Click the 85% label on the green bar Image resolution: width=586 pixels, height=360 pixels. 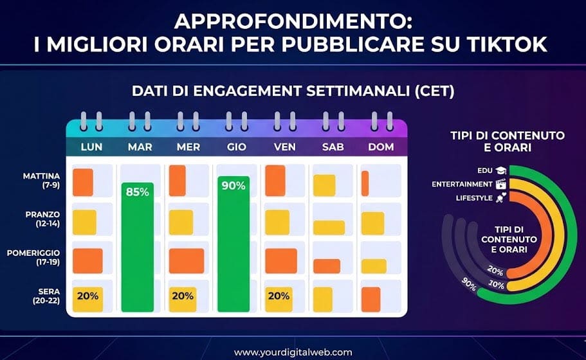[x=138, y=192]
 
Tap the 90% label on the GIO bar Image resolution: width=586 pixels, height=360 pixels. [x=233, y=186]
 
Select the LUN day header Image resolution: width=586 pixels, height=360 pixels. [x=91, y=147]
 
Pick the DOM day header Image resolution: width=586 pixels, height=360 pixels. [x=381, y=147]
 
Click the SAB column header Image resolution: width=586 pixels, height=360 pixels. [x=333, y=147]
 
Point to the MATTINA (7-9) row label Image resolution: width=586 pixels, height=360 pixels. [x=42, y=179]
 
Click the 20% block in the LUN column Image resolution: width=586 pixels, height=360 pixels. [x=86, y=297]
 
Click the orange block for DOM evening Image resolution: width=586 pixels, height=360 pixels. [x=371, y=299]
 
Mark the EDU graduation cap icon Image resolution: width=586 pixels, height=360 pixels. [x=500, y=171]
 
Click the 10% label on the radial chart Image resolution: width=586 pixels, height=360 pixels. [x=497, y=283]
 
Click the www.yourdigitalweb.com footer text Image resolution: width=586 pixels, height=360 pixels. [x=293, y=352]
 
